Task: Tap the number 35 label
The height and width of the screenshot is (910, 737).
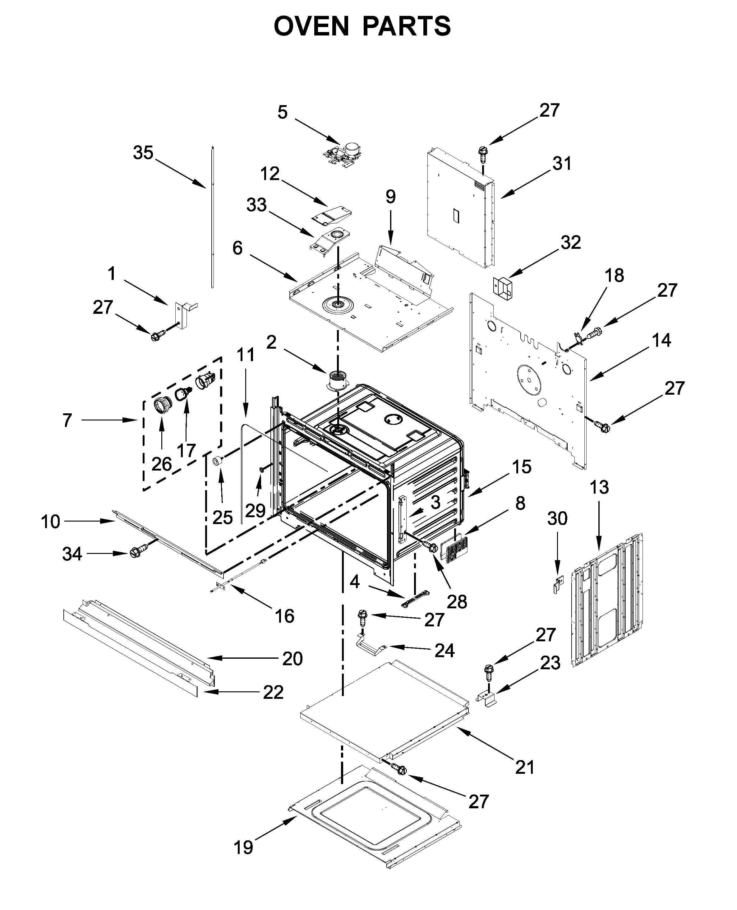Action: pos(143,153)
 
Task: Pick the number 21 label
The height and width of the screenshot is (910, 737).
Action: pos(525,767)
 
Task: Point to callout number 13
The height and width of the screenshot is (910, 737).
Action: pos(599,487)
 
